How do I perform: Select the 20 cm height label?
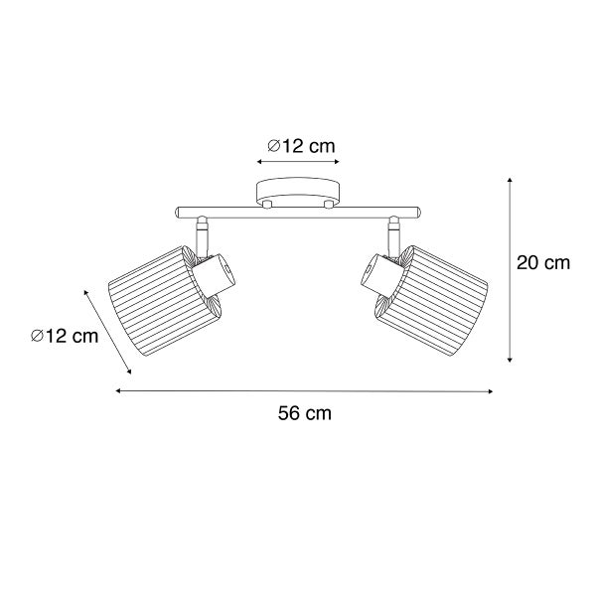pyautogui.click(x=543, y=263)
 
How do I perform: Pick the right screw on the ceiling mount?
pyautogui.click(x=327, y=204)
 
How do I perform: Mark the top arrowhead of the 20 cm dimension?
pyautogui.click(x=510, y=180)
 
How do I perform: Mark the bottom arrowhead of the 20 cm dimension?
pyautogui.click(x=510, y=359)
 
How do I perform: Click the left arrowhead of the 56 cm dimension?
pyautogui.click(x=119, y=391)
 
